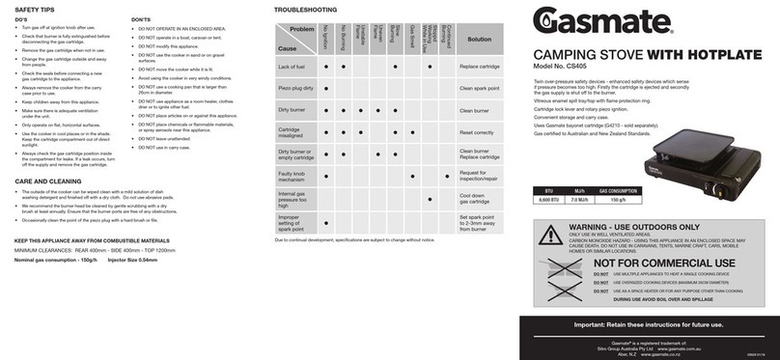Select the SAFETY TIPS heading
point(34,9)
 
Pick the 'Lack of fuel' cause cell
point(292,67)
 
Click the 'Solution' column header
point(480,40)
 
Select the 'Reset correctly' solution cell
point(476,132)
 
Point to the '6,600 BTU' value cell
point(549,200)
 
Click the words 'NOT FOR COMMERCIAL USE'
point(663,263)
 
